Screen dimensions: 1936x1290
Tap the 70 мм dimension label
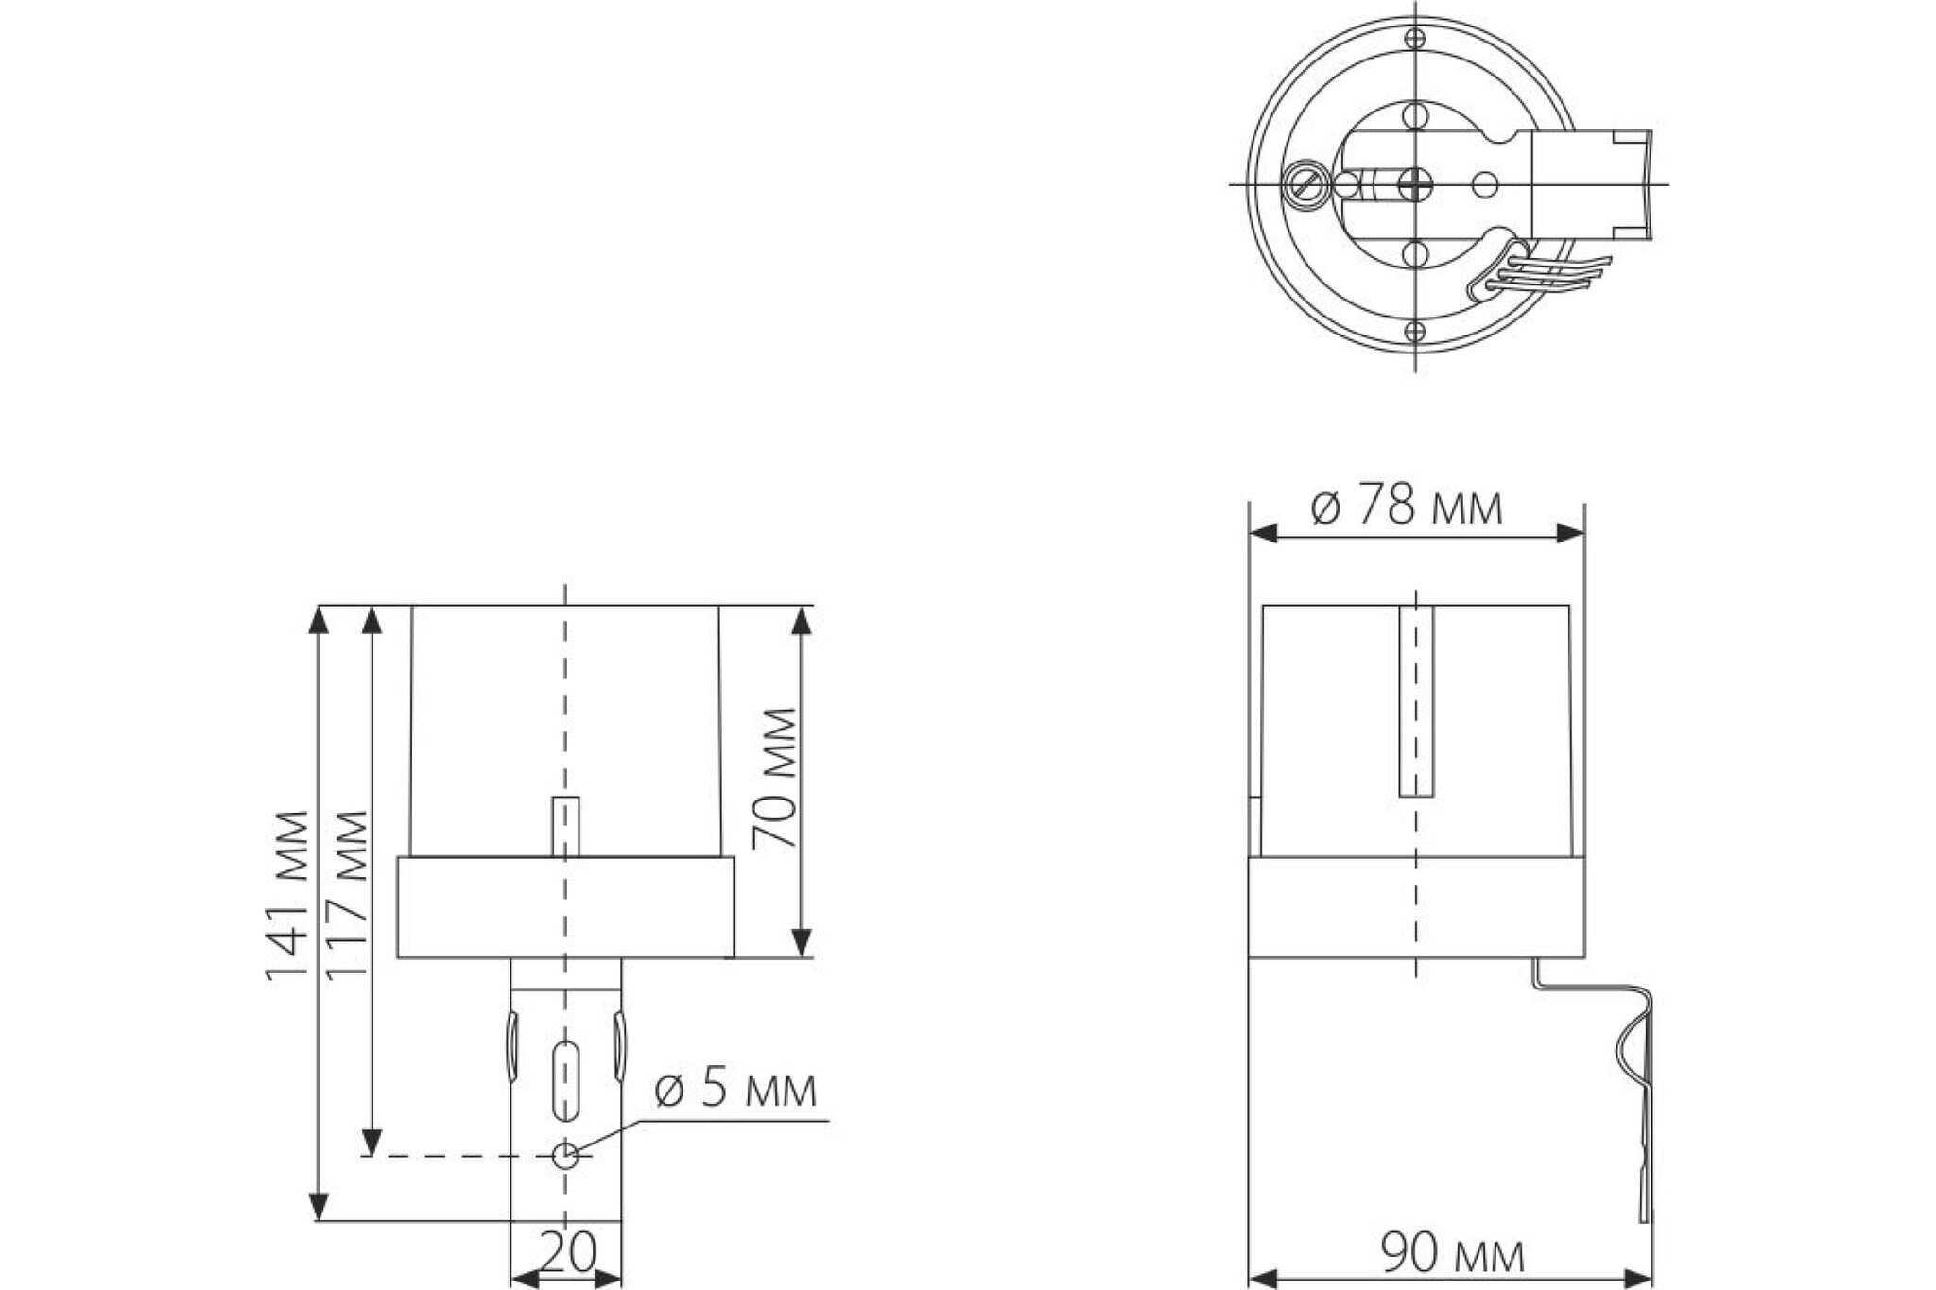774,778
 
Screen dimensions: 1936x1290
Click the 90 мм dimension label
1453,1255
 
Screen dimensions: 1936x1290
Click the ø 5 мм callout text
735,1090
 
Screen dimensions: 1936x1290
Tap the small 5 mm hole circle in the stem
565,1155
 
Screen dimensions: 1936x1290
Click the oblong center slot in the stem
565,1080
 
